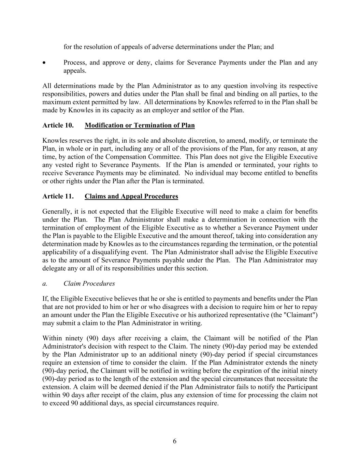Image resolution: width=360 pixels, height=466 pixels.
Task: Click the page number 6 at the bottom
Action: tap(175, 441)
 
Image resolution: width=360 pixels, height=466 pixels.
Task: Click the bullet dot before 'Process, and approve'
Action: tap(44, 63)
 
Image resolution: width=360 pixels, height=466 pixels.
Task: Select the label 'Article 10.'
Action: tap(58, 125)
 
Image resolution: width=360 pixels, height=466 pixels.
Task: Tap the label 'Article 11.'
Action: tap(58, 196)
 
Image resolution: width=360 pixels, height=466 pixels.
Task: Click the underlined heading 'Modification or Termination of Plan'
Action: tap(140, 125)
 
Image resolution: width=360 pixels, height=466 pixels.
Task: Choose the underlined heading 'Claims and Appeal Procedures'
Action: tap(131, 196)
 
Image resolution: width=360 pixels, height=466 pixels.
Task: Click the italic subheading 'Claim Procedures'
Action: tap(89, 283)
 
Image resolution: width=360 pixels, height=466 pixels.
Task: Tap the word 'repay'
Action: tap(310, 307)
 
